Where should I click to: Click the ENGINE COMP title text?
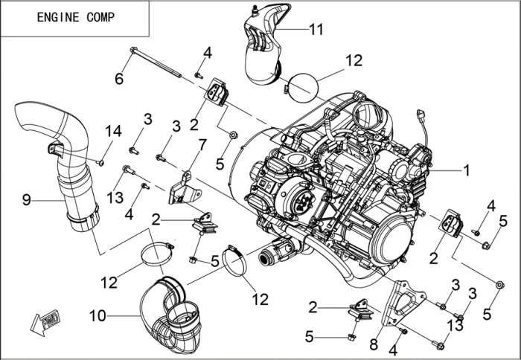(x=76, y=18)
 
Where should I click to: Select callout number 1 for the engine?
(x=467, y=170)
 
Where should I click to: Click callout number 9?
(x=26, y=199)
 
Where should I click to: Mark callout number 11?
(x=317, y=30)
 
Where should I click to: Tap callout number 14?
(x=112, y=131)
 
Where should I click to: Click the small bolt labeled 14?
(x=101, y=161)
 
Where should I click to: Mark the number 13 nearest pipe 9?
(x=114, y=196)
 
